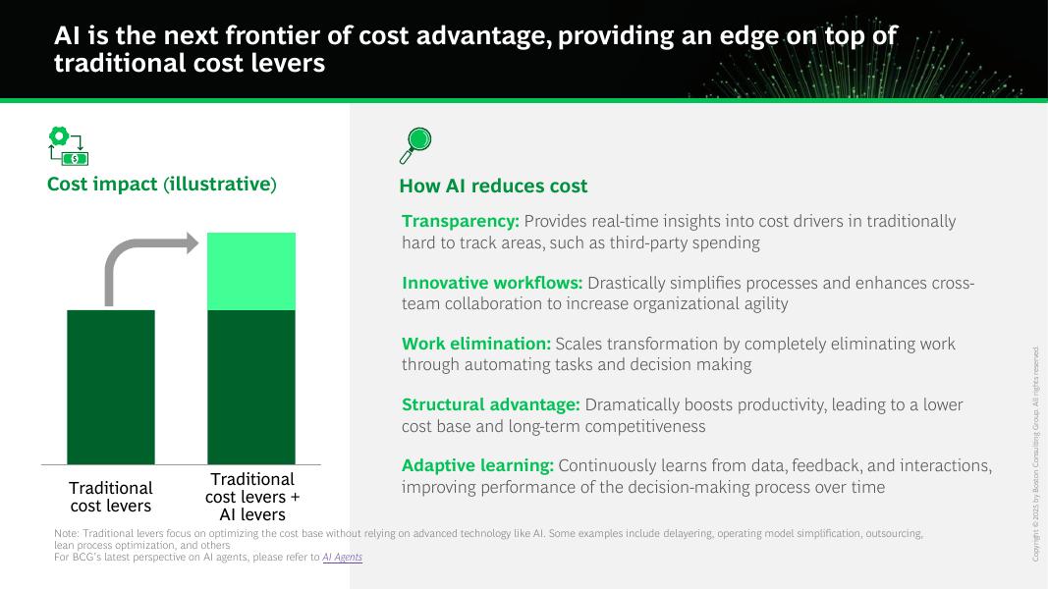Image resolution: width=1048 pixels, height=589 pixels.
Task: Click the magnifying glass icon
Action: pyautogui.click(x=415, y=145)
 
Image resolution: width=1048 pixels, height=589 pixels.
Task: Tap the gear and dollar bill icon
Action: pyautogui.click(x=68, y=145)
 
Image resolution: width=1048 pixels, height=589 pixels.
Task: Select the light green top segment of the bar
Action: pyautogui.click(x=251, y=271)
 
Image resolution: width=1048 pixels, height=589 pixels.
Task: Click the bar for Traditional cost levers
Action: pyautogui.click(x=111, y=387)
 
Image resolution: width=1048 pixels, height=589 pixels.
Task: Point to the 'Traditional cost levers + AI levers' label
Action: pyautogui.click(x=252, y=497)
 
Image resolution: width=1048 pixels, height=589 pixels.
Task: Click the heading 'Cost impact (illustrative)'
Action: pyautogui.click(x=162, y=185)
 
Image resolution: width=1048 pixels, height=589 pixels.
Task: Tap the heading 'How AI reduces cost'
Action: pyautogui.click(x=493, y=186)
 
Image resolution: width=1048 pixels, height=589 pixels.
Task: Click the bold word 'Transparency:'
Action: pyautogui.click(x=461, y=221)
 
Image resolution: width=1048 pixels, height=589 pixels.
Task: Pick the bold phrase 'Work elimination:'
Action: pyautogui.click(x=476, y=344)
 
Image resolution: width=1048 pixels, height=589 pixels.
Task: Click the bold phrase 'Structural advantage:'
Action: pyautogui.click(x=491, y=404)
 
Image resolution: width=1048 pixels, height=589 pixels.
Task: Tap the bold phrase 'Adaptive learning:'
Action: pyautogui.click(x=478, y=465)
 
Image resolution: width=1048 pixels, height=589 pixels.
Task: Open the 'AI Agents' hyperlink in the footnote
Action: pyautogui.click(x=342, y=557)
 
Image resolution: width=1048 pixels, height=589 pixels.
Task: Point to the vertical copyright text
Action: pyautogui.click(x=1035, y=455)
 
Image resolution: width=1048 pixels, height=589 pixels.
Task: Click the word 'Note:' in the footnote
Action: pyautogui.click(x=67, y=534)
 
